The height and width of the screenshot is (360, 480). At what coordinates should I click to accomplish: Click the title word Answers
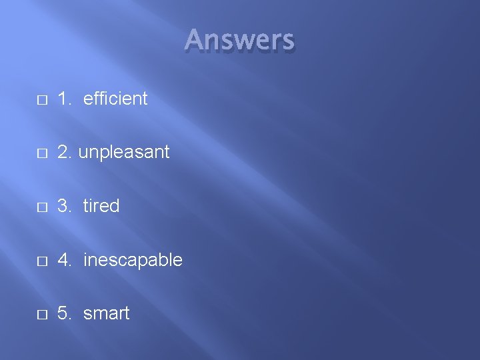click(239, 40)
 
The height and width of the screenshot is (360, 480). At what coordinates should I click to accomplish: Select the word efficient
click(115, 99)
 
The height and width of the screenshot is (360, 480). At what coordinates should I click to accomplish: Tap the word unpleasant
click(124, 153)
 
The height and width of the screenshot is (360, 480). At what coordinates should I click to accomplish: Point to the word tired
click(101, 206)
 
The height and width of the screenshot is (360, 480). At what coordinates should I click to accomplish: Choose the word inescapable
click(133, 260)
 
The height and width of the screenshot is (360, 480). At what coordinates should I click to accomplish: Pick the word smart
click(107, 313)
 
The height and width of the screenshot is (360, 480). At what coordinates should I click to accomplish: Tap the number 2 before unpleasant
click(63, 153)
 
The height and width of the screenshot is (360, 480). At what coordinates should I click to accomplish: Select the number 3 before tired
click(63, 206)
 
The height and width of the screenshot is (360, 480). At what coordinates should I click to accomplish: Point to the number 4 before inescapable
click(63, 260)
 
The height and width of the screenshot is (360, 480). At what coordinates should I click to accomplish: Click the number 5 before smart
click(63, 313)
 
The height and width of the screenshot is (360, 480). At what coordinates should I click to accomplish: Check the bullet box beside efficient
click(41, 100)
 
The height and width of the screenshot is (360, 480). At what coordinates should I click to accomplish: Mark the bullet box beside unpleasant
click(41, 153)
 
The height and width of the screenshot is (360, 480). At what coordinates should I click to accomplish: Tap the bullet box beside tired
click(41, 207)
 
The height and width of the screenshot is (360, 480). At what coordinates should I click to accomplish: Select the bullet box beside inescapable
click(41, 261)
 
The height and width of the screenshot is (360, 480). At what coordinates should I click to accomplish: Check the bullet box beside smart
click(41, 315)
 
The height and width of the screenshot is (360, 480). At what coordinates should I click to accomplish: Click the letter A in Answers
click(195, 40)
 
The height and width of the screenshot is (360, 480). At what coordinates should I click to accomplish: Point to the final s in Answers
click(287, 42)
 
